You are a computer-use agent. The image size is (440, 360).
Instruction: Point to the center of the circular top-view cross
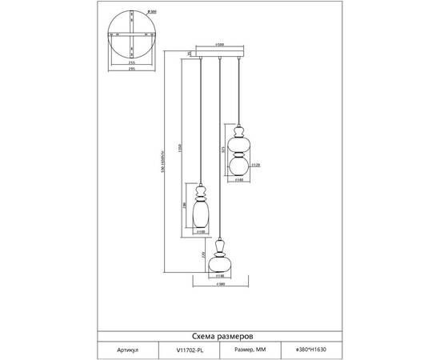tap(131, 36)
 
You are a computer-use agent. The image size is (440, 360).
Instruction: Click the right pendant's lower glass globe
tap(238, 166)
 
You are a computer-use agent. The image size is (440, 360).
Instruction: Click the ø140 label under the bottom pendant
tap(219, 278)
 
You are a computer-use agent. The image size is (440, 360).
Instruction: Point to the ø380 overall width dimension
tap(219, 285)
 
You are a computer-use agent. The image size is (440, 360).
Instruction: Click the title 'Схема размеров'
tap(219, 338)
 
